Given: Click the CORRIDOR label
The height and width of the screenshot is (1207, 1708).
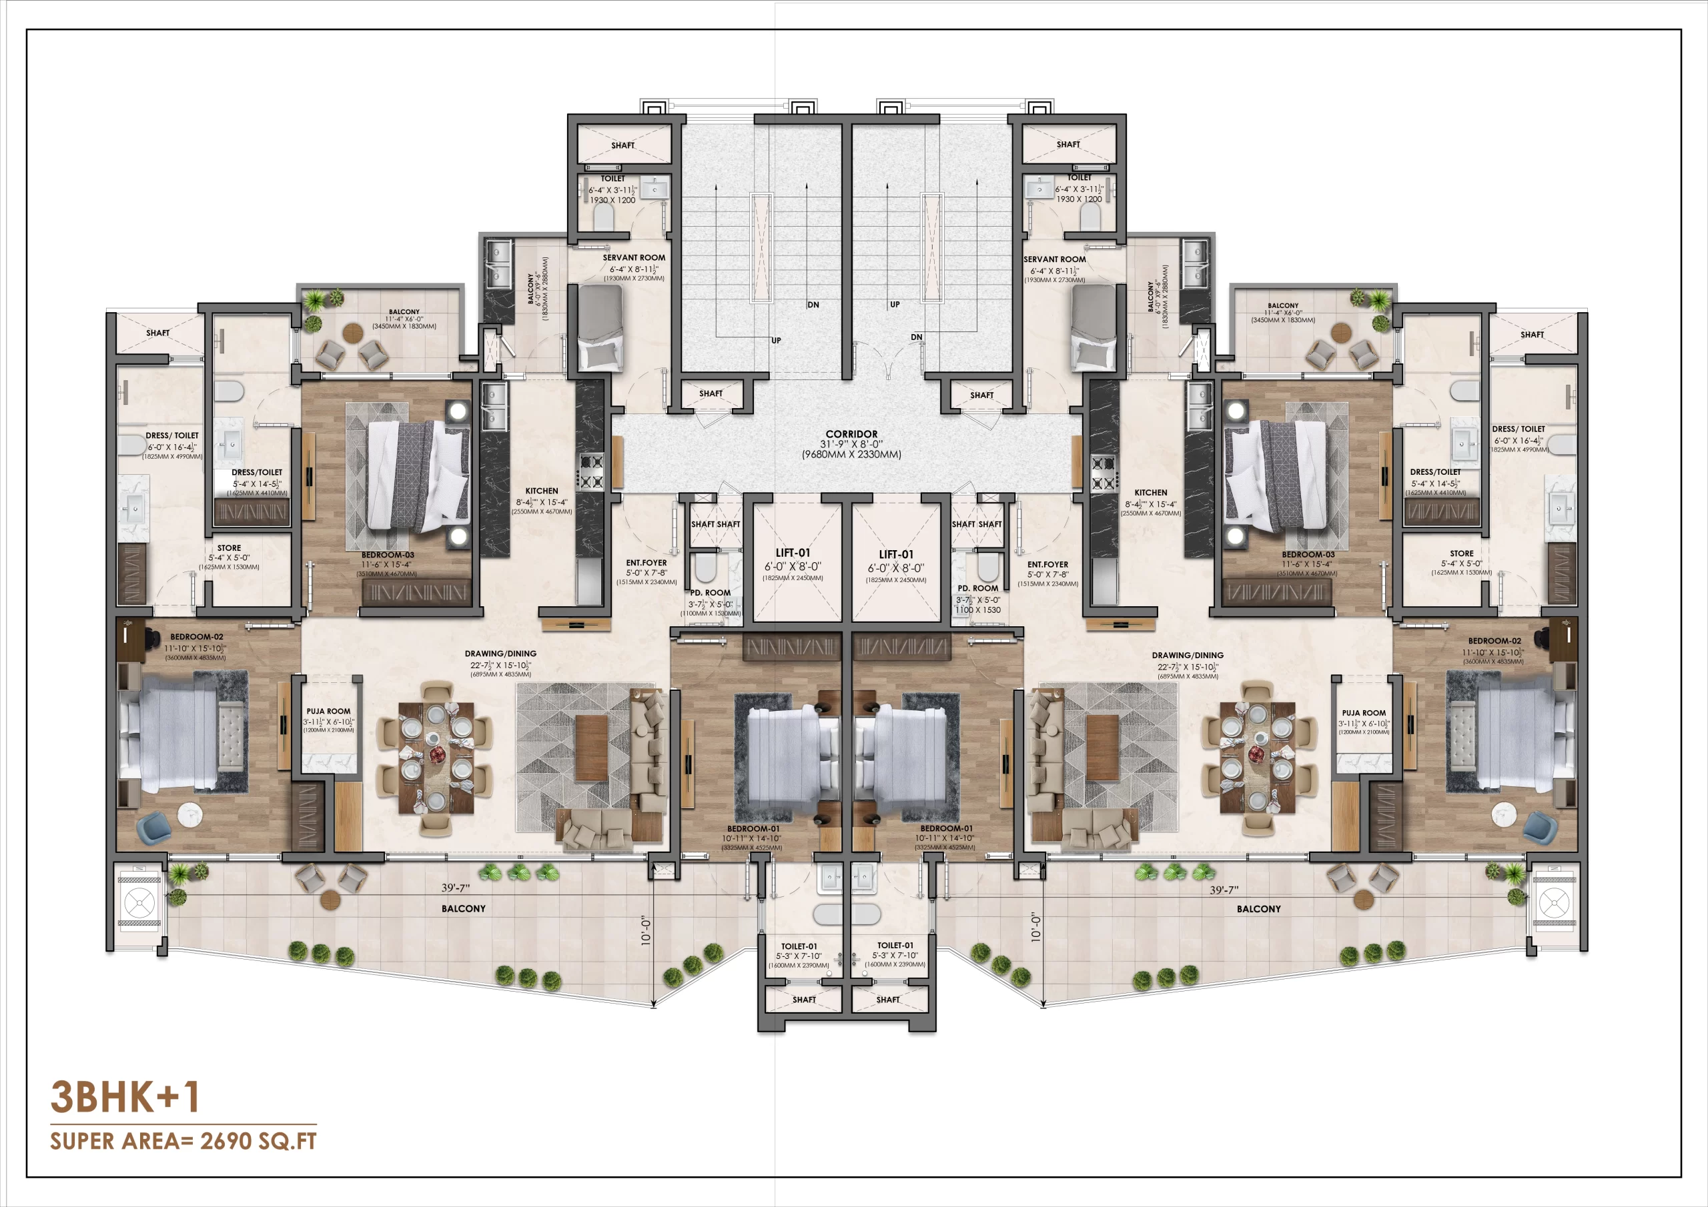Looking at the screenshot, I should click(851, 433).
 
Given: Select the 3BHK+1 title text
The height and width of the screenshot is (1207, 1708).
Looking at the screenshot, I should click(124, 1096).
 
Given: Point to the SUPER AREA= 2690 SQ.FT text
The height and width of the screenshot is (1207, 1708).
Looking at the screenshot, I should click(183, 1141).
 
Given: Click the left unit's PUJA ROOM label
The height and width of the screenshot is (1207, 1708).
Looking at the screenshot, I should click(328, 711).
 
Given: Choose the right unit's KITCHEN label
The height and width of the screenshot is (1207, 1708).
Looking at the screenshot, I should click(1150, 492).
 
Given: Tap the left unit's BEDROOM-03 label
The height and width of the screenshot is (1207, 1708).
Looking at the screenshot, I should click(388, 555).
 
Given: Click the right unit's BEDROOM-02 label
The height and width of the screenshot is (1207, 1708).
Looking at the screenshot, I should click(1494, 640).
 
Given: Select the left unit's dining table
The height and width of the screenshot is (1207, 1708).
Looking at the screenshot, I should click(436, 756).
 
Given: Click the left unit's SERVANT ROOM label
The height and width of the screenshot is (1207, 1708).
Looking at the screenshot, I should click(634, 257).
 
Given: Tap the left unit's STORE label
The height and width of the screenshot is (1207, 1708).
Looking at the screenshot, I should click(229, 547).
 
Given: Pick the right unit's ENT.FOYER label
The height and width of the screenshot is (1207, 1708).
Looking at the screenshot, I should click(1047, 564).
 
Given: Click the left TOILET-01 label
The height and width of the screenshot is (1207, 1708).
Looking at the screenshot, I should click(798, 946).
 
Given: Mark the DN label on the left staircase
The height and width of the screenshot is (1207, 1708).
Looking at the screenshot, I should click(813, 304).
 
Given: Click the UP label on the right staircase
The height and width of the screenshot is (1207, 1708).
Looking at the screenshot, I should click(895, 304).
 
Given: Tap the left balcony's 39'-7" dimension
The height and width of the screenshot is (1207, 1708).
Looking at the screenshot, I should click(455, 887).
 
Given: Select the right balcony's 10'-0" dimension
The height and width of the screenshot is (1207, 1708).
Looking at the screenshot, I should click(1035, 928).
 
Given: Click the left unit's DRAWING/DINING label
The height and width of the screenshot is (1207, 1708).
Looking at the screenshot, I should click(500, 654).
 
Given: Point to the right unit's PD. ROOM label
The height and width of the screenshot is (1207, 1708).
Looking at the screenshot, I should click(977, 587).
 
